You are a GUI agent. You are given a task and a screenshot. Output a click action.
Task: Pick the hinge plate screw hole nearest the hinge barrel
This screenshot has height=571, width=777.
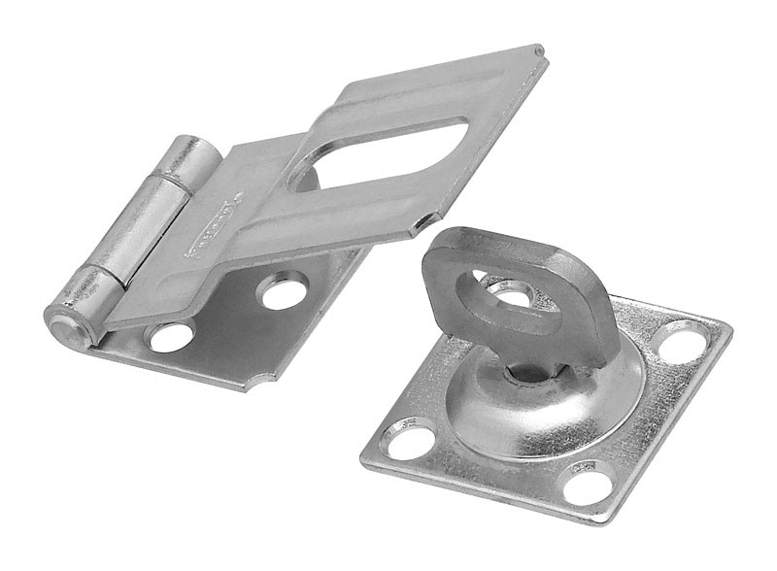click(x=170, y=337)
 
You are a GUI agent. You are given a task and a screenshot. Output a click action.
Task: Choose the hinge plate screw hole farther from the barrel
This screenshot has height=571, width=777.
click(x=284, y=290)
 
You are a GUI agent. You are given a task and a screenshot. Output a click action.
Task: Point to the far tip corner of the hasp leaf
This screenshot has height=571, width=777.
click(x=540, y=50)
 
